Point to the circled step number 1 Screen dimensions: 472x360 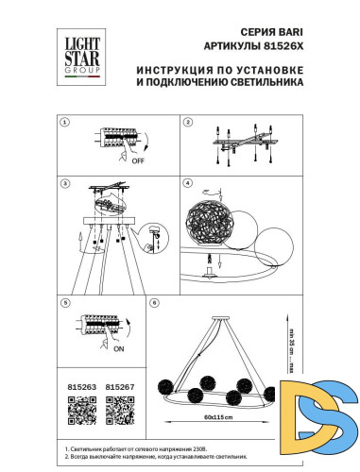click(x=64, y=123)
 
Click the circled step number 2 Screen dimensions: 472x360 click(x=187, y=123)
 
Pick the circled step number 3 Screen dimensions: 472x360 click(x=64, y=182)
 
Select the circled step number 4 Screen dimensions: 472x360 click(x=187, y=182)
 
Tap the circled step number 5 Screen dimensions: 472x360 click(x=64, y=302)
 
